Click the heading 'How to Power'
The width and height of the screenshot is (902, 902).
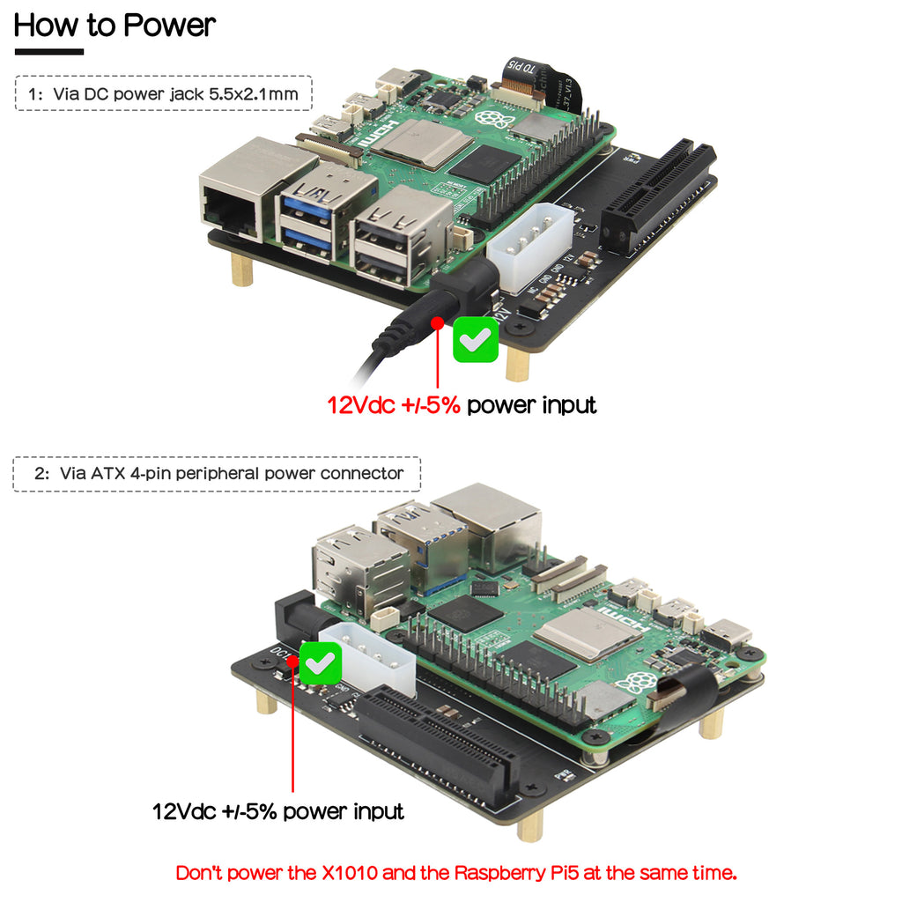click(115, 25)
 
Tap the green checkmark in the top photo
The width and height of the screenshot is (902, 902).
click(476, 341)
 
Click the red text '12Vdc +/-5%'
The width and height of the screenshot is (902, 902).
click(394, 405)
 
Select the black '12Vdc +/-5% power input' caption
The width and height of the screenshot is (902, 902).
click(278, 810)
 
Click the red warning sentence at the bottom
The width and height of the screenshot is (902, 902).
click(456, 873)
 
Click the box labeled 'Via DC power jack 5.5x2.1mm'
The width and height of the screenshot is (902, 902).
click(164, 92)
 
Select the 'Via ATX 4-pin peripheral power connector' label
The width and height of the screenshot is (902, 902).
click(217, 473)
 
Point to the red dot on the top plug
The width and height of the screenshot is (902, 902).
click(438, 323)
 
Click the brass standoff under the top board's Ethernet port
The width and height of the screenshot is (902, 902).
click(242, 268)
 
